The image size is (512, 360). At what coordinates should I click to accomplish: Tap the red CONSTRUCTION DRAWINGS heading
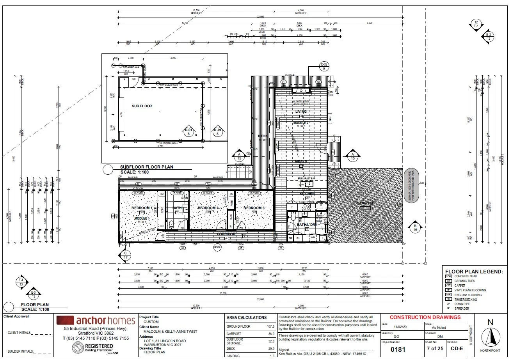point(425,317)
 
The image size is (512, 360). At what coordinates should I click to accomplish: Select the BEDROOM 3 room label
point(254,208)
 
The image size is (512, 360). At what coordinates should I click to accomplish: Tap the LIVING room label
point(301,112)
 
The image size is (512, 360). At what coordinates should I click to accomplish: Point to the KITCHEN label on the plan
point(307,194)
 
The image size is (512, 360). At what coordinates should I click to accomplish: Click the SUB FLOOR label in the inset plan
point(142,106)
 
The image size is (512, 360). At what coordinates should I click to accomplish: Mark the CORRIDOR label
point(226,234)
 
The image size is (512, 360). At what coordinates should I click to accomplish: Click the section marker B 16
point(415,228)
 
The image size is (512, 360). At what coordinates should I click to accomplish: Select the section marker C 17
point(125,255)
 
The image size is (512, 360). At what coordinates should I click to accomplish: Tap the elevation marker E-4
point(21,282)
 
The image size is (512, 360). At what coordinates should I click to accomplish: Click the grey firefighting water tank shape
point(412,186)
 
